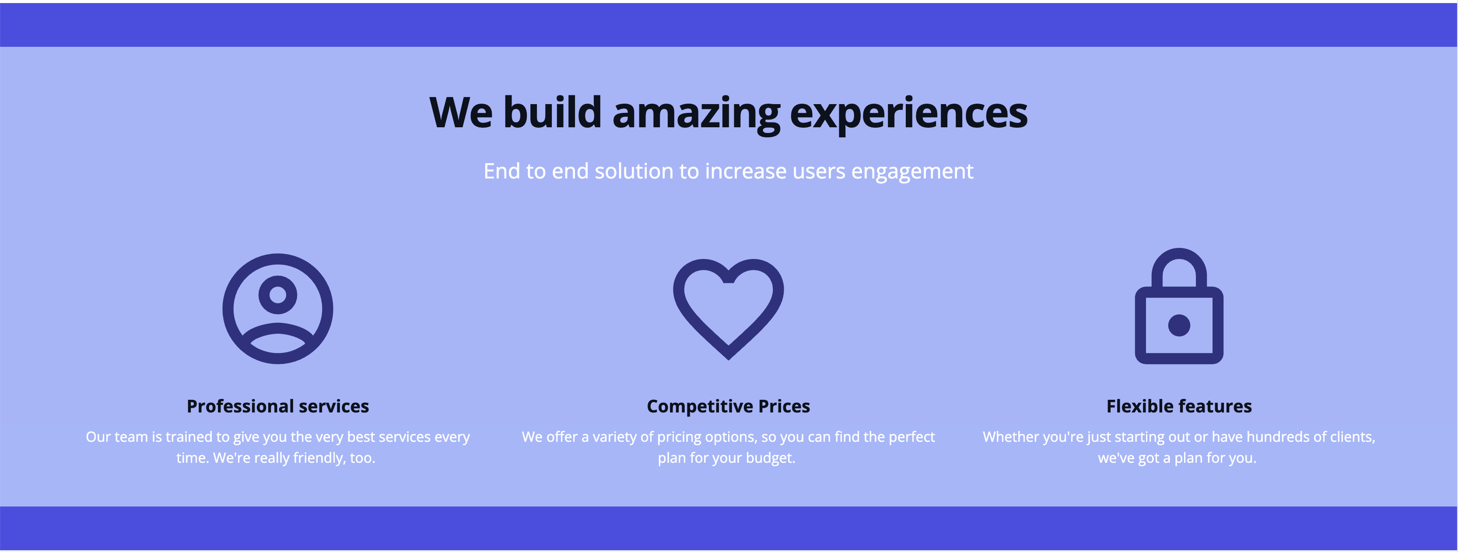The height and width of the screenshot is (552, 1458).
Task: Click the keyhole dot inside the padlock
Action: point(1179,325)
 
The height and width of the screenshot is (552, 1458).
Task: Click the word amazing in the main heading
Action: point(696,114)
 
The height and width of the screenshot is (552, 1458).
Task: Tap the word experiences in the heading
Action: point(908,114)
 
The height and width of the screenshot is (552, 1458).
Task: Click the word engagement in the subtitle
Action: point(912,171)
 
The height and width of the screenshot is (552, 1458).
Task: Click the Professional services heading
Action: point(278,406)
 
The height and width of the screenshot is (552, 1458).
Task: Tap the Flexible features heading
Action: point(1179,406)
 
